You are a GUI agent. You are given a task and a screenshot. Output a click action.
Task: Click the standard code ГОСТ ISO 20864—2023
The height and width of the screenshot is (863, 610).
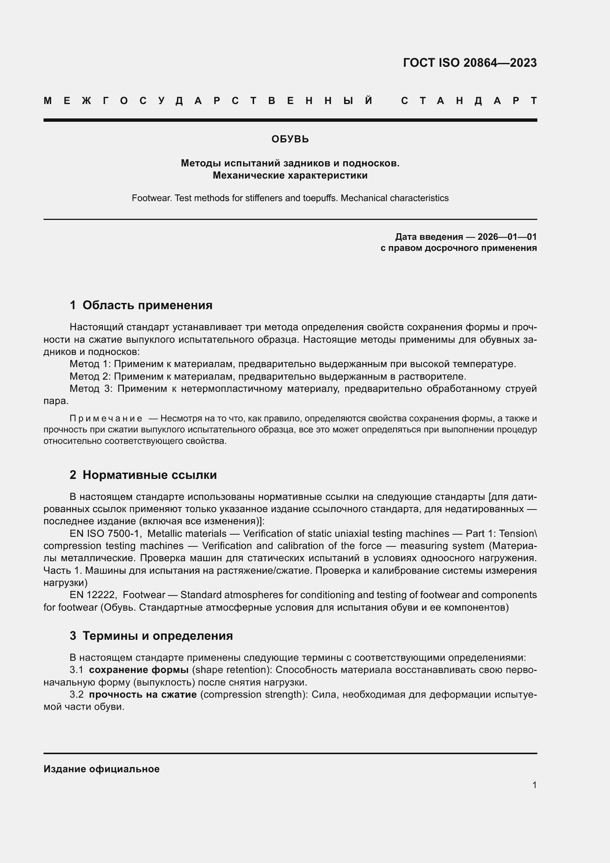tap(469, 62)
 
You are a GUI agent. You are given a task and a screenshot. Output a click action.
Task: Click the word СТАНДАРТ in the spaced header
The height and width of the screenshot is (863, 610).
tap(469, 101)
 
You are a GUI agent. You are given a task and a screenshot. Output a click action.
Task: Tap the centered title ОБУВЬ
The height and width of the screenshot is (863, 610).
tap(290, 139)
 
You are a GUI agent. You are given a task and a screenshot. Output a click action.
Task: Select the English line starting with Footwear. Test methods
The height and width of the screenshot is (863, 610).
tap(290, 198)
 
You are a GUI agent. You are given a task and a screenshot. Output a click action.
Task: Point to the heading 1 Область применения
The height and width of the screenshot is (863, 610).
tap(141, 305)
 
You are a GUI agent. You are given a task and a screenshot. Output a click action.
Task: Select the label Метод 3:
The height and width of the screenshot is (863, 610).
tap(91, 389)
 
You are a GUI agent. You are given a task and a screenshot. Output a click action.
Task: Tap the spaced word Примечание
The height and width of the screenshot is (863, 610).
tap(106, 418)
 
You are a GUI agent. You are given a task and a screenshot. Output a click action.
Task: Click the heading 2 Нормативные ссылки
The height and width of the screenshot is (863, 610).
tap(143, 475)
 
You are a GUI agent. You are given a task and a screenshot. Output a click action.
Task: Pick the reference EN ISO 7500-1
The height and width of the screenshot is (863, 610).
tap(104, 534)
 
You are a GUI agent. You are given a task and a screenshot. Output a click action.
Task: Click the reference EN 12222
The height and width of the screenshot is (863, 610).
tap(94, 595)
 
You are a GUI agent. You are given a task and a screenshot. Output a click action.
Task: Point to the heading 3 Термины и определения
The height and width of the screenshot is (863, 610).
tap(151, 636)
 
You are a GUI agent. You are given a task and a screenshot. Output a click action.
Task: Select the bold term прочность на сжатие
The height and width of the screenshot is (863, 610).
tap(143, 694)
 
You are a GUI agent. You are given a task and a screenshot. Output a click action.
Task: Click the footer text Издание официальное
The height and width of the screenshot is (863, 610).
tap(101, 769)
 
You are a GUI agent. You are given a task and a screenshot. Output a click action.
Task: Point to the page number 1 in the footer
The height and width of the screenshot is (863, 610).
tap(534, 785)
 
